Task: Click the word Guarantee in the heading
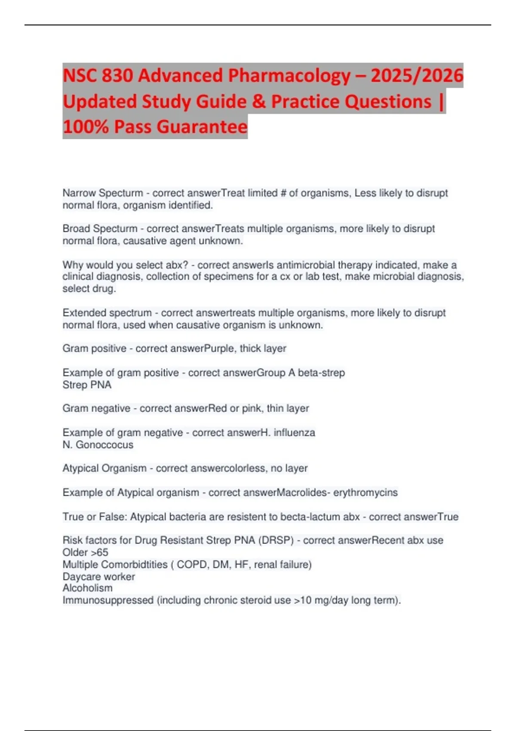[x=202, y=127]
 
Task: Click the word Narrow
[x=79, y=193]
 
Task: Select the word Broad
[x=76, y=229]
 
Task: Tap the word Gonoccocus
[x=104, y=445]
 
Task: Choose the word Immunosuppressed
[x=108, y=600]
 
